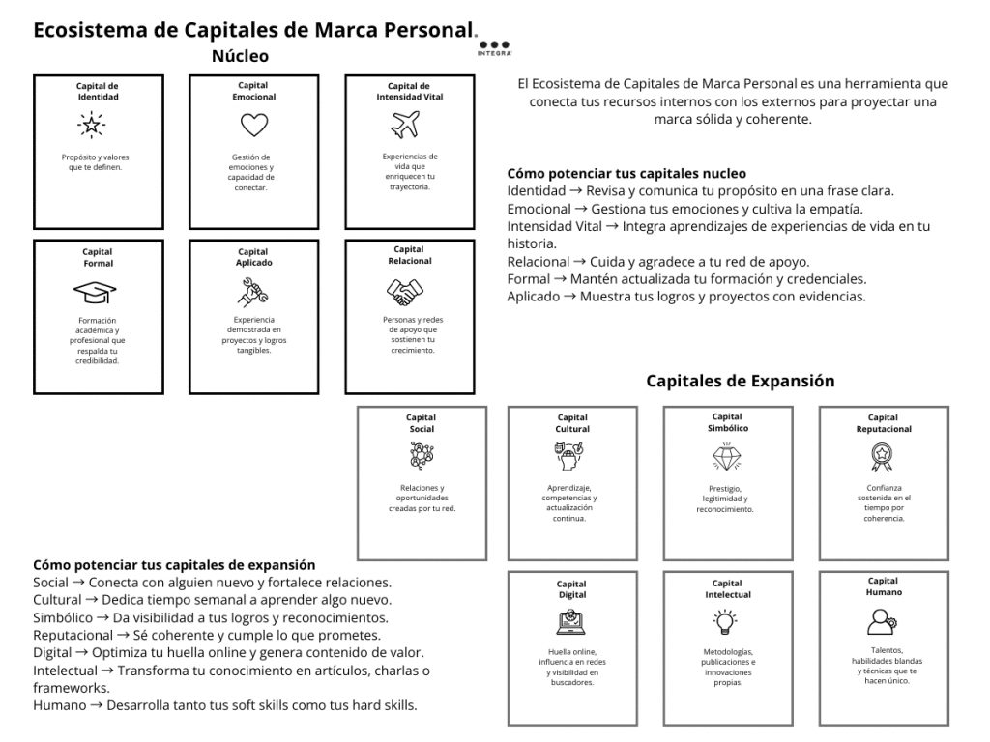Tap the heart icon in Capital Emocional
253,125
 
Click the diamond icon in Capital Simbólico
726,455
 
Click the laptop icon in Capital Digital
571,621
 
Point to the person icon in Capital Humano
882,618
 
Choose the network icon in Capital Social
422,454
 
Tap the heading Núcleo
240,56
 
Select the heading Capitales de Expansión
740,381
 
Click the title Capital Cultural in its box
572,423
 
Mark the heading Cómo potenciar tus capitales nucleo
626,174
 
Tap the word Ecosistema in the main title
92,29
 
